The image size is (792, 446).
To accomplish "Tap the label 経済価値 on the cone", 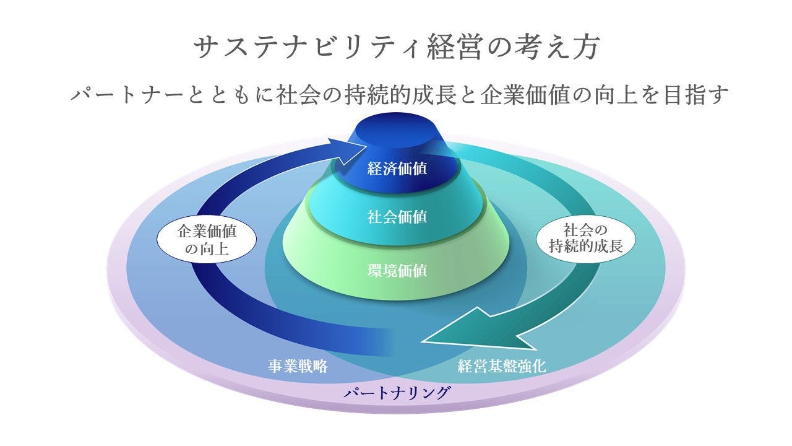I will point(397,168).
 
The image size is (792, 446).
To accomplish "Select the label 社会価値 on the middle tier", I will point(397,217).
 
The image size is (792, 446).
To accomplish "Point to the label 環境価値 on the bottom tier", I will point(397,271).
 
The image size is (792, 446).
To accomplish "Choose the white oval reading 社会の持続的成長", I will point(585,237).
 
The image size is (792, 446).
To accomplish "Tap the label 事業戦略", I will point(298,366).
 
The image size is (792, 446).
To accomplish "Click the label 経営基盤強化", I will point(502,366).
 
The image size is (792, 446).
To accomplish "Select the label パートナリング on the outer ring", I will point(397,393).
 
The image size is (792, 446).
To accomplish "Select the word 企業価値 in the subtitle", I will point(514,96).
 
